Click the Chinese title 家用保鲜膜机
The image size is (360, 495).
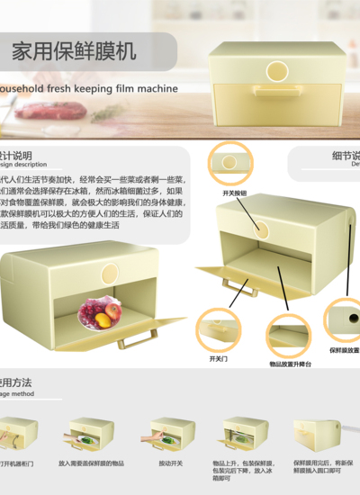click(x=74, y=50)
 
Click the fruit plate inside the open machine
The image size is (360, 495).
click(x=100, y=314)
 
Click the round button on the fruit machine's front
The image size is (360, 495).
click(x=110, y=273)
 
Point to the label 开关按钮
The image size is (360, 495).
click(x=234, y=193)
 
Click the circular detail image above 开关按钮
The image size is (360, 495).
click(x=229, y=163)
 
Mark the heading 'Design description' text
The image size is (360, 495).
click(x=23, y=165)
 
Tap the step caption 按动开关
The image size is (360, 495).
click(x=170, y=463)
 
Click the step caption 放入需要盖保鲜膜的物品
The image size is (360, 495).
click(x=91, y=463)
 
